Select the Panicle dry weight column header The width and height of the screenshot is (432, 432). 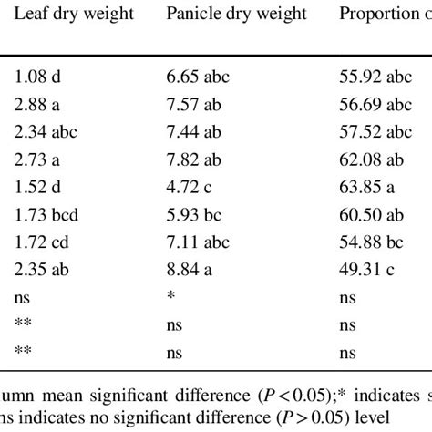[x=236, y=14]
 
